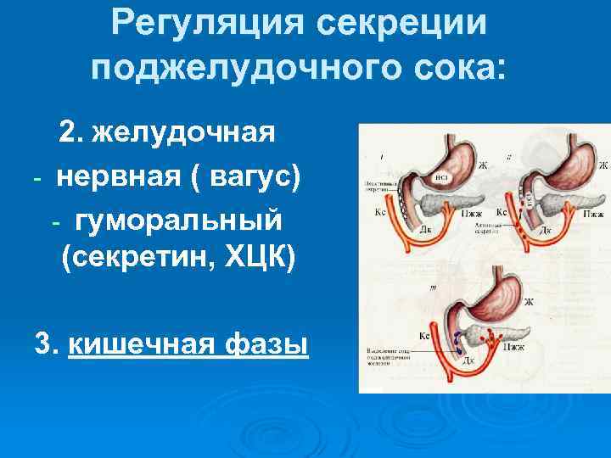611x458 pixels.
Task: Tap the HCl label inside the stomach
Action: click(x=441, y=179)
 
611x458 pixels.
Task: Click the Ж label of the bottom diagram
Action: click(x=529, y=302)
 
